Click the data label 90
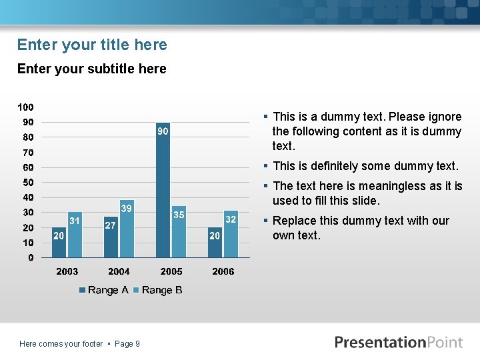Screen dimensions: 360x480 pyautogui.click(x=163, y=131)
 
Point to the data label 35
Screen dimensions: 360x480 pyautogui.click(x=179, y=215)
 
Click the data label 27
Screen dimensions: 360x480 pyautogui.click(x=111, y=225)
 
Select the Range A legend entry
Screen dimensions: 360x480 pyautogui.click(x=103, y=290)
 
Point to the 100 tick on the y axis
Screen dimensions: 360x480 pyautogui.click(x=26, y=107)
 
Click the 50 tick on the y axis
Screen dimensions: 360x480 pyautogui.click(x=29, y=183)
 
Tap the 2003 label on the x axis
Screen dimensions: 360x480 pyautogui.click(x=67, y=271)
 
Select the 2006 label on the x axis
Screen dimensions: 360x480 pyautogui.click(x=223, y=271)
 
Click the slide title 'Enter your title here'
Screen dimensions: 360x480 pyautogui.click(x=92, y=45)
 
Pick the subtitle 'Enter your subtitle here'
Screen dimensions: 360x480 pyautogui.click(x=91, y=69)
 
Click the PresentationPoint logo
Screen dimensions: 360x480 pyautogui.click(x=398, y=343)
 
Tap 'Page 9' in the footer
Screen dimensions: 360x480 pyautogui.click(x=127, y=344)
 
